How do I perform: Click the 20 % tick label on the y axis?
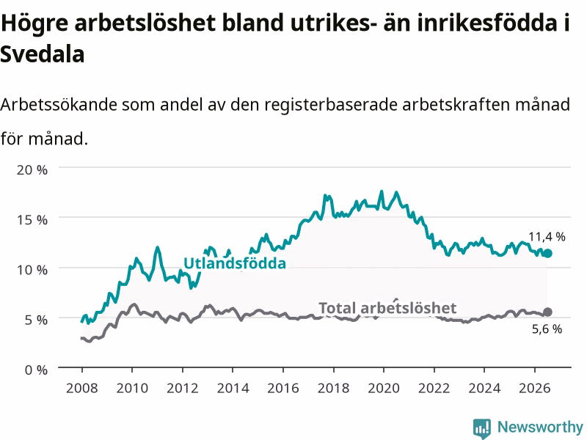pos(32,170)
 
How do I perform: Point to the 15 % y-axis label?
pos(32,220)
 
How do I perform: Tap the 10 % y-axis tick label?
pos(32,270)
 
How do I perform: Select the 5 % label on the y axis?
pos(36,320)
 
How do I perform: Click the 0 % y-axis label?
pos(36,370)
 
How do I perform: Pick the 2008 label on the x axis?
pos(82,388)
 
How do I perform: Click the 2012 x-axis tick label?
pos(182,388)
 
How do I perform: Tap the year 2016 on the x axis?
pos(283,388)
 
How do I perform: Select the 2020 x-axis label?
pos(384,388)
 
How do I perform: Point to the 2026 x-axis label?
pos(535,388)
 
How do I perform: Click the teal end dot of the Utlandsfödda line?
pos(547,253)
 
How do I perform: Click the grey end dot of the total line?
pos(547,312)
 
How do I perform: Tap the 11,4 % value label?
pos(547,236)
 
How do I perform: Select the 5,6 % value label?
pos(547,329)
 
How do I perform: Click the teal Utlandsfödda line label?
pos(235,263)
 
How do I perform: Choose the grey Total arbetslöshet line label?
pos(387,308)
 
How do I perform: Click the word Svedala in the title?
pos(43,54)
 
